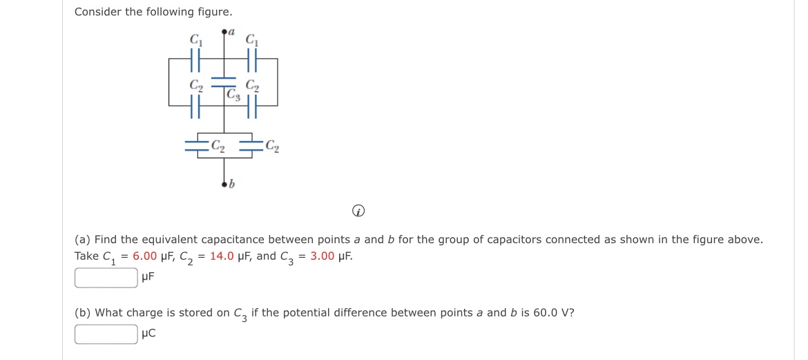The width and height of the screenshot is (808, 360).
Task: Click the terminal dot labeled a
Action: click(224, 32)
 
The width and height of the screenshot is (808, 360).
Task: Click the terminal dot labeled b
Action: click(224, 184)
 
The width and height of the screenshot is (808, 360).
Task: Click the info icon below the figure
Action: click(358, 213)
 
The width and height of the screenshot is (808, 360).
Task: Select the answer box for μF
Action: click(106, 278)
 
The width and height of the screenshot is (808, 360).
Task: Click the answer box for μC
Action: click(106, 334)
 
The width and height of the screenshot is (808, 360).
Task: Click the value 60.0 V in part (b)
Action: click(549, 312)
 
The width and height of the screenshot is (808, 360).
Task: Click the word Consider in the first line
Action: click(98, 12)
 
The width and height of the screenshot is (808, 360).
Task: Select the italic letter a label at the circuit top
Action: click(231, 32)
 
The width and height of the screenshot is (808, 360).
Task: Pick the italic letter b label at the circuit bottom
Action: click(232, 184)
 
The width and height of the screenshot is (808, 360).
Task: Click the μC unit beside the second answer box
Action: click(148, 334)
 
